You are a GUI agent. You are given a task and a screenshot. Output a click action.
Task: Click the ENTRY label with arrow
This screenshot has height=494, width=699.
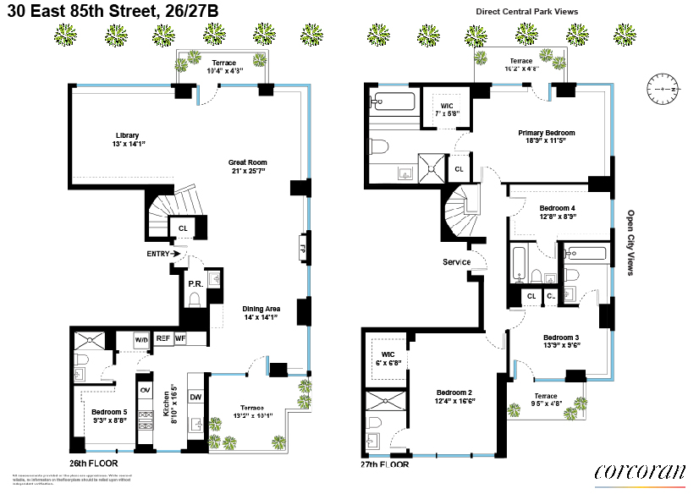tap(163, 253)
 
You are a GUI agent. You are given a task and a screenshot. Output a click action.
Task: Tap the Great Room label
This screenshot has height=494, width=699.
tap(247, 167)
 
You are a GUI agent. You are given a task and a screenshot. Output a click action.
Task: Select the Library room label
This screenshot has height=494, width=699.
tap(127, 140)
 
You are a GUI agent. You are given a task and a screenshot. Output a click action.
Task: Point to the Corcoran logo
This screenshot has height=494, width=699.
tap(639, 473)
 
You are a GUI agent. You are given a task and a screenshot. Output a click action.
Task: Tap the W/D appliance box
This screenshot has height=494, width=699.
tap(141, 339)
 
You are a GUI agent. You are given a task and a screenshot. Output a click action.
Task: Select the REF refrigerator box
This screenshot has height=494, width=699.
tap(163, 338)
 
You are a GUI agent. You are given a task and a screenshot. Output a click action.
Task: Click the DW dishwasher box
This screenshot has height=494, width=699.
tap(195, 396)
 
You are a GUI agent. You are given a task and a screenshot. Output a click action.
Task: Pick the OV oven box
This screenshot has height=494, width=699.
tap(144, 390)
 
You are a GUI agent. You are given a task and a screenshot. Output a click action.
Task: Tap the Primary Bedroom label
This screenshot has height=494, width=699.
tap(546, 137)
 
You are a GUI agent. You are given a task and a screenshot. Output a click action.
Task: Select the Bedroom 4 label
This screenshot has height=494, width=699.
tap(558, 212)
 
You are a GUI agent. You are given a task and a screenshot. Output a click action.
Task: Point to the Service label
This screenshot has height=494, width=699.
tap(456, 262)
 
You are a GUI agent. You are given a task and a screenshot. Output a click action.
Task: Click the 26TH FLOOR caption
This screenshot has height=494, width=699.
tap(93, 464)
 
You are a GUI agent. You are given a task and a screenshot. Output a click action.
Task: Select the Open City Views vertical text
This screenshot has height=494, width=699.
tap(630, 243)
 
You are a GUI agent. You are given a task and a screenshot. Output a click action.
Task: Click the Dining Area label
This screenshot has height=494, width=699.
tap(261, 313)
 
